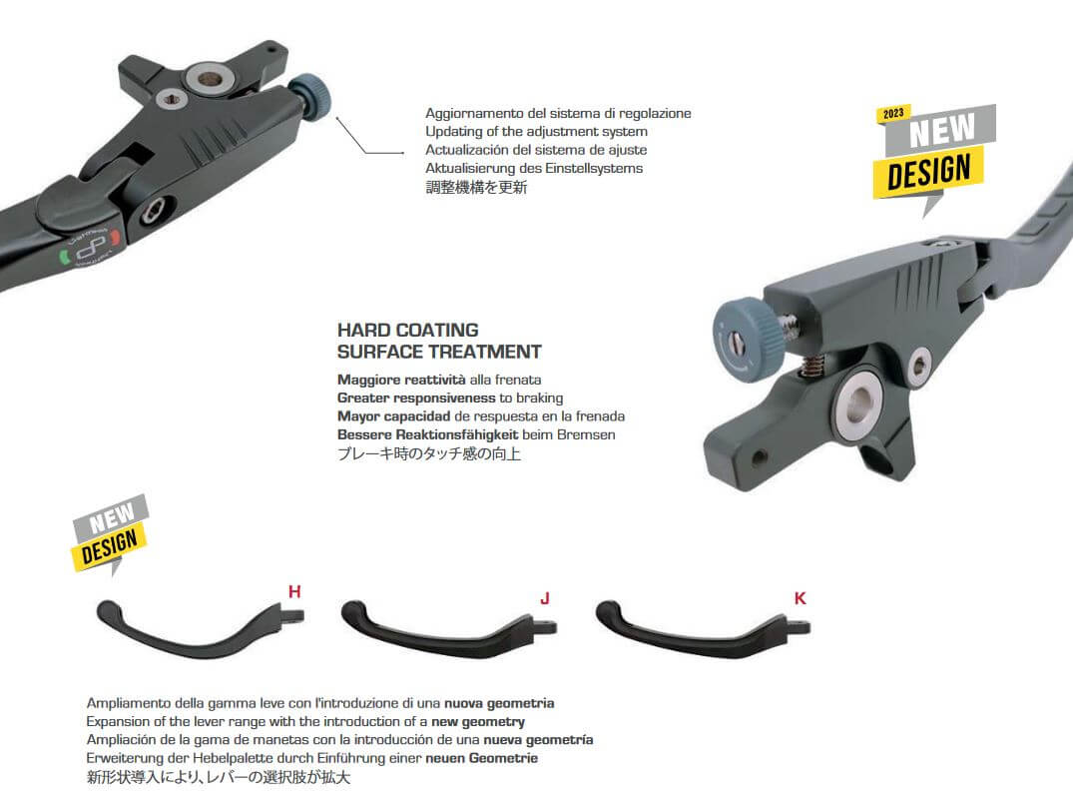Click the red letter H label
point(294,591)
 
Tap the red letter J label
point(545,598)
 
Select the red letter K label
point(800,598)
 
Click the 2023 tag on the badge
point(893,114)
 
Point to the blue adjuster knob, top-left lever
point(310,97)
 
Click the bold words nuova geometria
point(499,703)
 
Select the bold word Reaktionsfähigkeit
point(457,434)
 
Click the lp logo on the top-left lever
point(92,249)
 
